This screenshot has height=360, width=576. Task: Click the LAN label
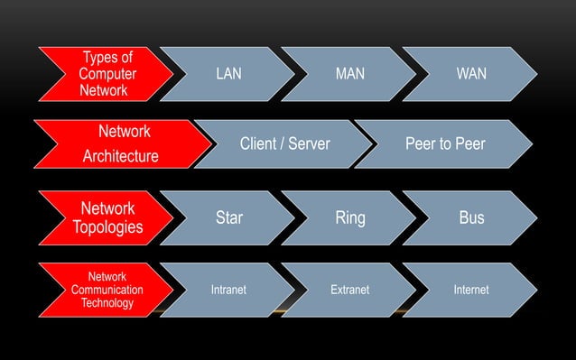pos(228,74)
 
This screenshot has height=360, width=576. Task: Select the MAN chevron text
pos(349,74)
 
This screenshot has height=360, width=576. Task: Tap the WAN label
pos(471,74)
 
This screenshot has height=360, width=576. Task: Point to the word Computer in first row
pos(107,74)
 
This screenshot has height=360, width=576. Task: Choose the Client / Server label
pos(284,144)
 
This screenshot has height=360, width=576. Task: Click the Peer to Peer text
pos(445,144)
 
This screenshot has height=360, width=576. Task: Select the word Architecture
pos(120,157)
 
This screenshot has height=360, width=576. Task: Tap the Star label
pos(229,217)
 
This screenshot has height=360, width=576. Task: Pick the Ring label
pos(349,217)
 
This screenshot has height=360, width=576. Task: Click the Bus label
pos(471,217)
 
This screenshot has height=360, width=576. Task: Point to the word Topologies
pos(107,226)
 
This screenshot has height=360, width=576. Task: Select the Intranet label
pos(228,290)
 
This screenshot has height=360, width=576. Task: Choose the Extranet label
pos(349,290)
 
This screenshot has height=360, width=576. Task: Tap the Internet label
pos(471,290)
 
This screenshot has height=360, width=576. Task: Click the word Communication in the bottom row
pos(107,290)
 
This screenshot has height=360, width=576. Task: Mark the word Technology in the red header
pos(107,303)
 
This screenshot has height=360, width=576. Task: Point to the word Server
pos(310,144)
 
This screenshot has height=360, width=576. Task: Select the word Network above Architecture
pos(124,132)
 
